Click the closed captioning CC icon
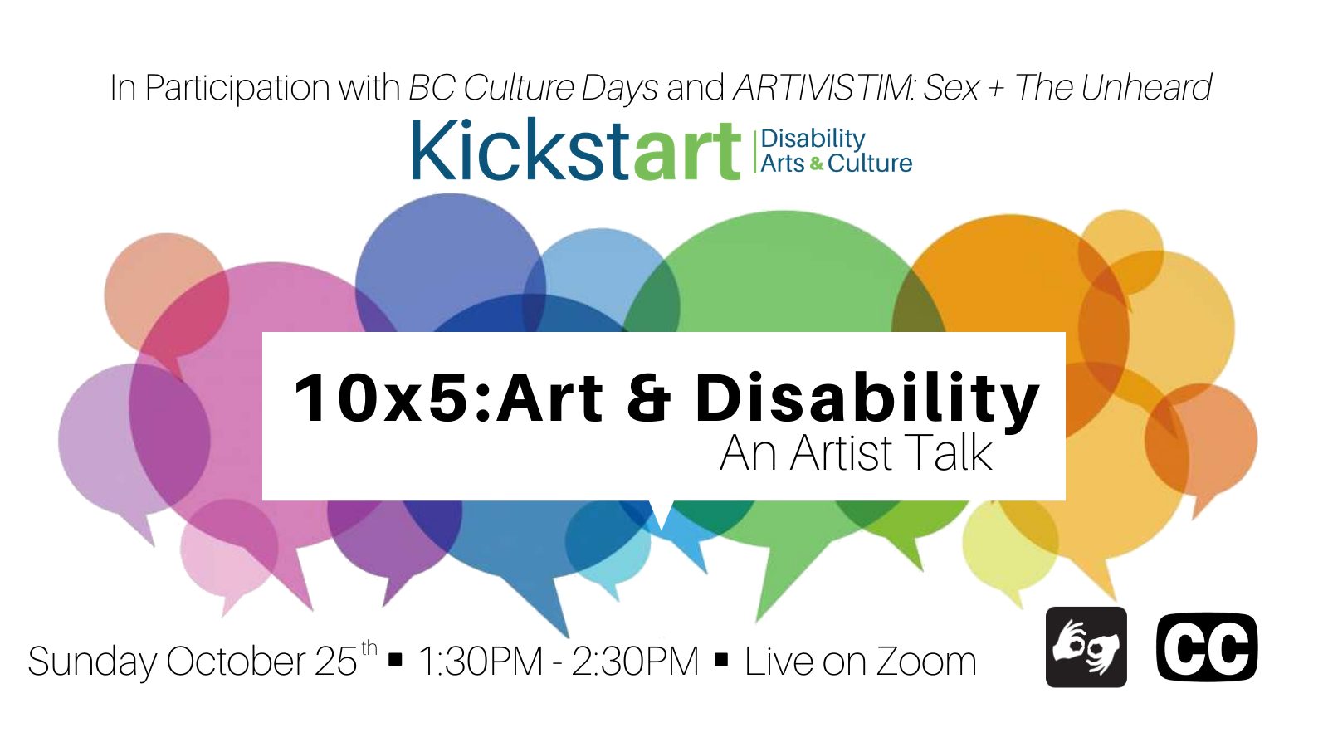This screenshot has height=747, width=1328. pos(1207,647)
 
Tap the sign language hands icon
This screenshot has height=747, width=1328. pos(1086,647)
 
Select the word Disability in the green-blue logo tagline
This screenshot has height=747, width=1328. pos(813,139)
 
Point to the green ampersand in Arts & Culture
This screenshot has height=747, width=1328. pos(817,164)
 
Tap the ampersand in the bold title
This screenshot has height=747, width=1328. pos(648,398)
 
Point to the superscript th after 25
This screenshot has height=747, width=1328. pos(369,647)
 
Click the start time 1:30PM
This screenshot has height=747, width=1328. pos(481,662)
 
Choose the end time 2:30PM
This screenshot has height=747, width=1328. pos(635,662)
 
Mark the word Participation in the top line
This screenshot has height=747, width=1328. pos(237,89)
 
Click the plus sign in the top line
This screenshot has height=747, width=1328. pos(997,89)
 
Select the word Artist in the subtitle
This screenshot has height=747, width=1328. pos(841,453)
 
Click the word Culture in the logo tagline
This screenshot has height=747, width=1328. pos(870,164)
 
